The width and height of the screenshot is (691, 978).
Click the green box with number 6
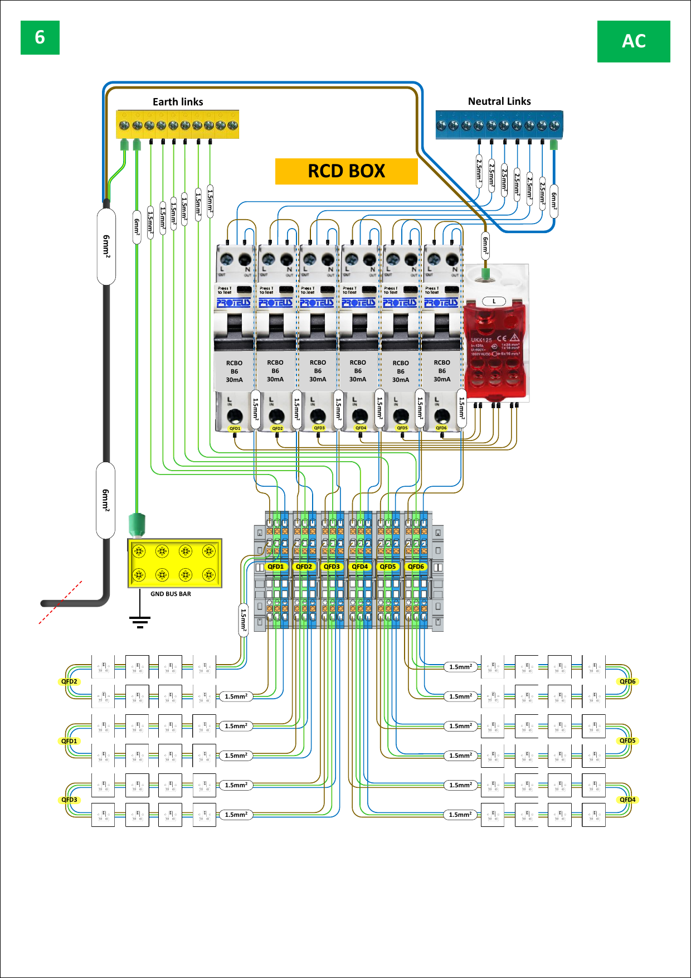coord(40,37)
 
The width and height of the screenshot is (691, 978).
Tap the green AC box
coord(634,41)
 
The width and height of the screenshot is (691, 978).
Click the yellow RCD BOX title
coord(346,171)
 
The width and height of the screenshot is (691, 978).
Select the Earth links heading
coord(178,101)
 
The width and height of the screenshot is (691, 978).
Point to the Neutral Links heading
coord(499,101)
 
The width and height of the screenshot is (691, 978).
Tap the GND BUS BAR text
coord(171,594)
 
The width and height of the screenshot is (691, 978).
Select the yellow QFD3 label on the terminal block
coord(332,567)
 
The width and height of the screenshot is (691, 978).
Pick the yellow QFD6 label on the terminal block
coord(416,567)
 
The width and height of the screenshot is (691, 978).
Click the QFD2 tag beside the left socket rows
coord(69,681)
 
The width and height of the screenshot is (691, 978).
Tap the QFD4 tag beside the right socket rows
coord(627,800)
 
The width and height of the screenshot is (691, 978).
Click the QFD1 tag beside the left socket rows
coord(69,741)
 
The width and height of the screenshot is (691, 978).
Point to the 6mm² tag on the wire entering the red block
coord(485,245)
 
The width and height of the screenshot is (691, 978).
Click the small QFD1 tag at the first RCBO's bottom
coord(235,429)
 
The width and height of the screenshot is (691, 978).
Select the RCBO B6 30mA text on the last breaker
coord(442,371)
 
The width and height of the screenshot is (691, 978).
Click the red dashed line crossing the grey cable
coord(60,602)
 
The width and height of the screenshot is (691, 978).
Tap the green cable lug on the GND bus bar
coord(137,524)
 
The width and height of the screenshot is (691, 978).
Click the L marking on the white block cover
coord(494,301)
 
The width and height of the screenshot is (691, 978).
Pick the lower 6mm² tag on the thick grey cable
coord(105,500)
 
